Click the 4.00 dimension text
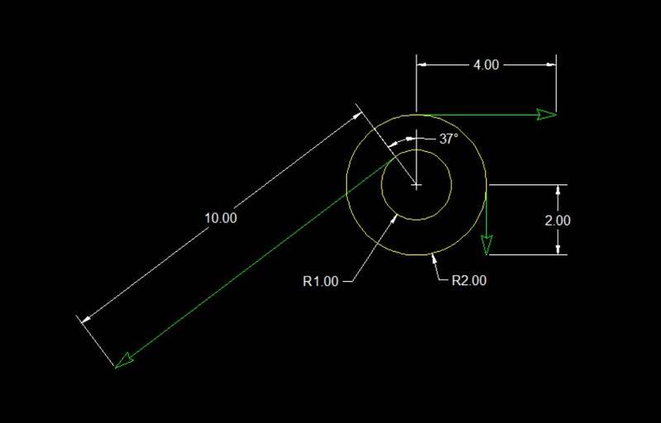tap(486, 65)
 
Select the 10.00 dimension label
tap(221, 218)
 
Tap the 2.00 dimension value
tap(557, 221)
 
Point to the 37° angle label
tap(449, 139)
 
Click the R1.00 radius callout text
tap(321, 281)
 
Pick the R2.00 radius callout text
tap(468, 280)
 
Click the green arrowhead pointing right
tap(547, 114)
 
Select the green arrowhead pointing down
tap(487, 245)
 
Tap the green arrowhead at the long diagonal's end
tap(124, 362)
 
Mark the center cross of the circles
tap(416, 185)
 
